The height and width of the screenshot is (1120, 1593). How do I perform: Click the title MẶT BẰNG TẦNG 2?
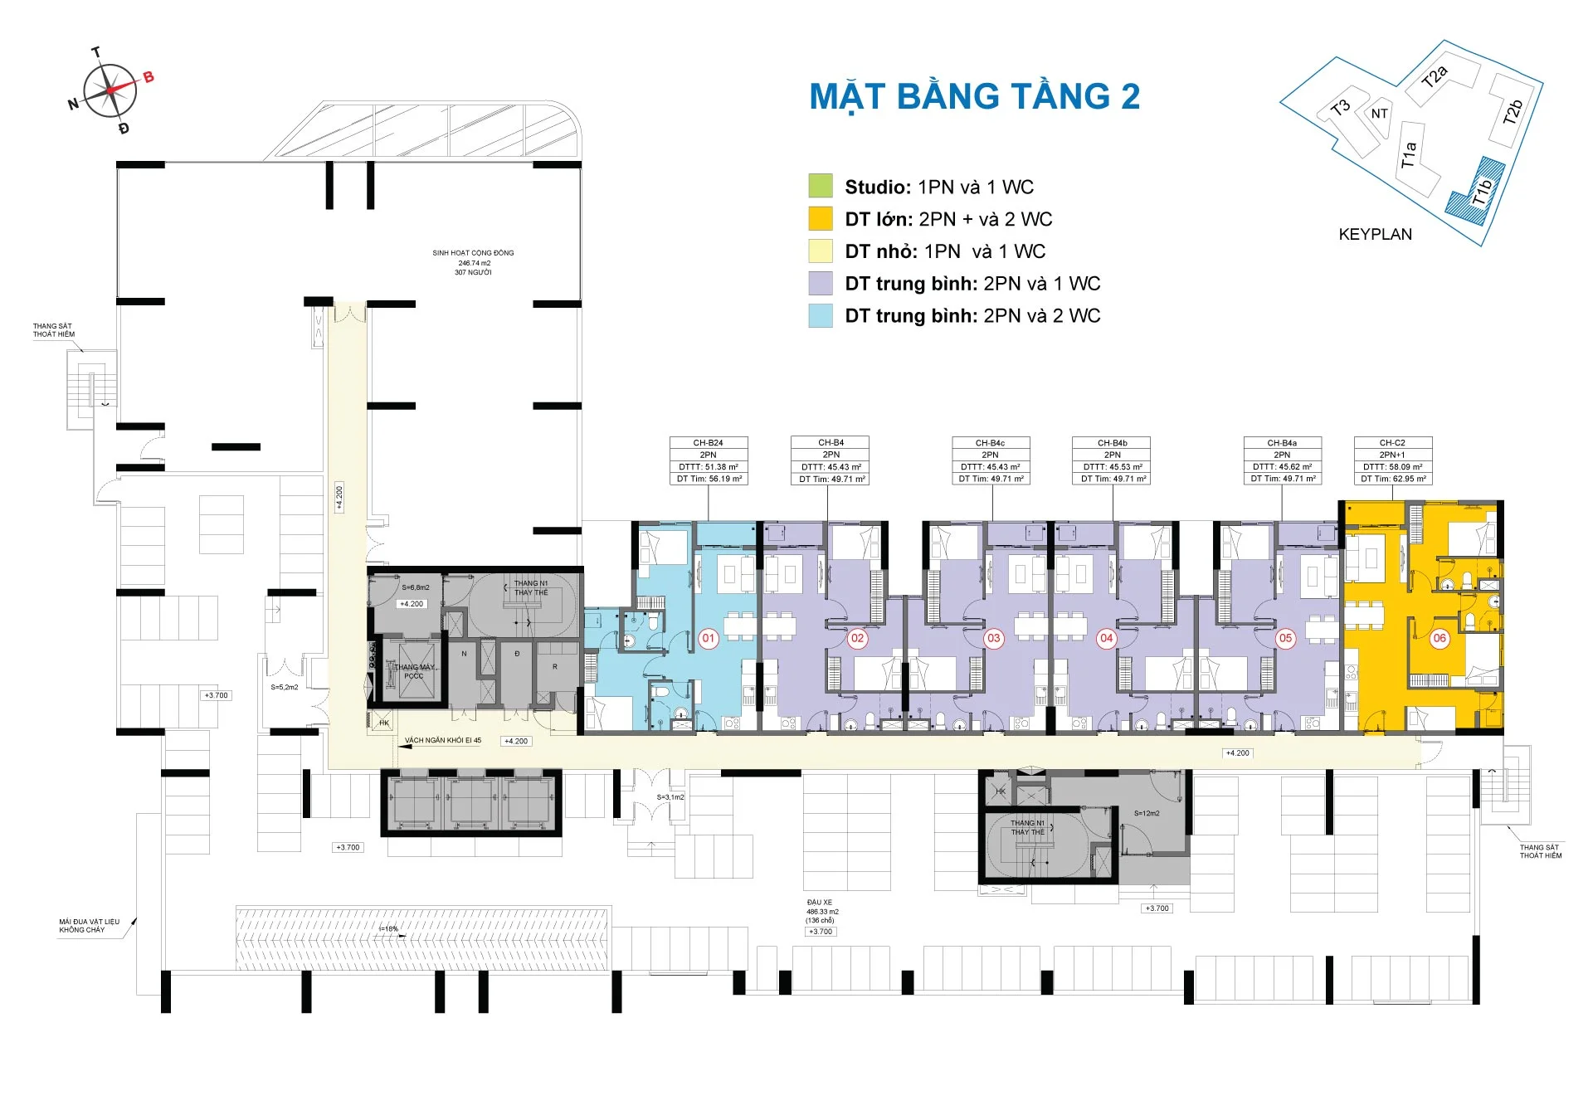(974, 96)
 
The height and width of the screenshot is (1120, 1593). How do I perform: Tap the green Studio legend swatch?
(820, 186)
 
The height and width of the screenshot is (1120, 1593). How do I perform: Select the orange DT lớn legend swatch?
(820, 218)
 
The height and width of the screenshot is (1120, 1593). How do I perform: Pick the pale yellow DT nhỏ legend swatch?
(820, 251)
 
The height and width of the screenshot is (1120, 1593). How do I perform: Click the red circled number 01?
(708, 638)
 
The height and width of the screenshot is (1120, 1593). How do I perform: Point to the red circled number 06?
(1439, 638)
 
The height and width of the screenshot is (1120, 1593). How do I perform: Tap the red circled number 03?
(993, 638)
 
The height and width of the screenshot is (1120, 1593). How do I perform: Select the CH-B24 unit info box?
(709, 460)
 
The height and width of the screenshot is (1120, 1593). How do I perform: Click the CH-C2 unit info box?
(1392, 460)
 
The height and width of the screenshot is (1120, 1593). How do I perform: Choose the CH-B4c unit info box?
(991, 460)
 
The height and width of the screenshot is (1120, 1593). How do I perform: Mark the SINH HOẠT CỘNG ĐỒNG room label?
(473, 262)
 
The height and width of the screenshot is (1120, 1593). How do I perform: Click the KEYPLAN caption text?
(1375, 234)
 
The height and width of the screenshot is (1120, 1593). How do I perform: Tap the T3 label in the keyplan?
(1340, 108)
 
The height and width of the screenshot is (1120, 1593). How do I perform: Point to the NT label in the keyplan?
(1379, 114)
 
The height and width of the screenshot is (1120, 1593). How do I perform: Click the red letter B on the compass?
(149, 77)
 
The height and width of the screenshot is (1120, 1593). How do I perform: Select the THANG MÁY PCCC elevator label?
(413, 671)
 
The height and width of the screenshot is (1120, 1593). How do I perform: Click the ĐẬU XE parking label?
(820, 902)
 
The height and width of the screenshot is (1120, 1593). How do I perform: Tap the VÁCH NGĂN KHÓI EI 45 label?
(442, 740)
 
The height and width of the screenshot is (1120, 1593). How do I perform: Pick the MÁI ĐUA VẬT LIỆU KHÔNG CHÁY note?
(89, 926)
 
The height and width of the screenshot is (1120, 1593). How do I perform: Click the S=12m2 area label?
(1147, 813)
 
